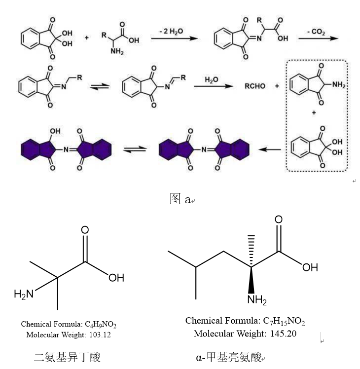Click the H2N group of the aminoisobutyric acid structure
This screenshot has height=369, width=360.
pos(24,294)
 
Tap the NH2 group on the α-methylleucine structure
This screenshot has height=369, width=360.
pos(257,300)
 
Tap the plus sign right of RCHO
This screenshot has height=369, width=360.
pos(277,86)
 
